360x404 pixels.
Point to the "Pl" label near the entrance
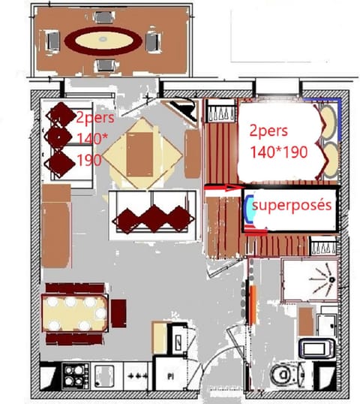pos(170,375)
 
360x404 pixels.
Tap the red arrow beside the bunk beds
pos(223,188)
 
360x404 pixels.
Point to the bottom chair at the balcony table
pos(103,65)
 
